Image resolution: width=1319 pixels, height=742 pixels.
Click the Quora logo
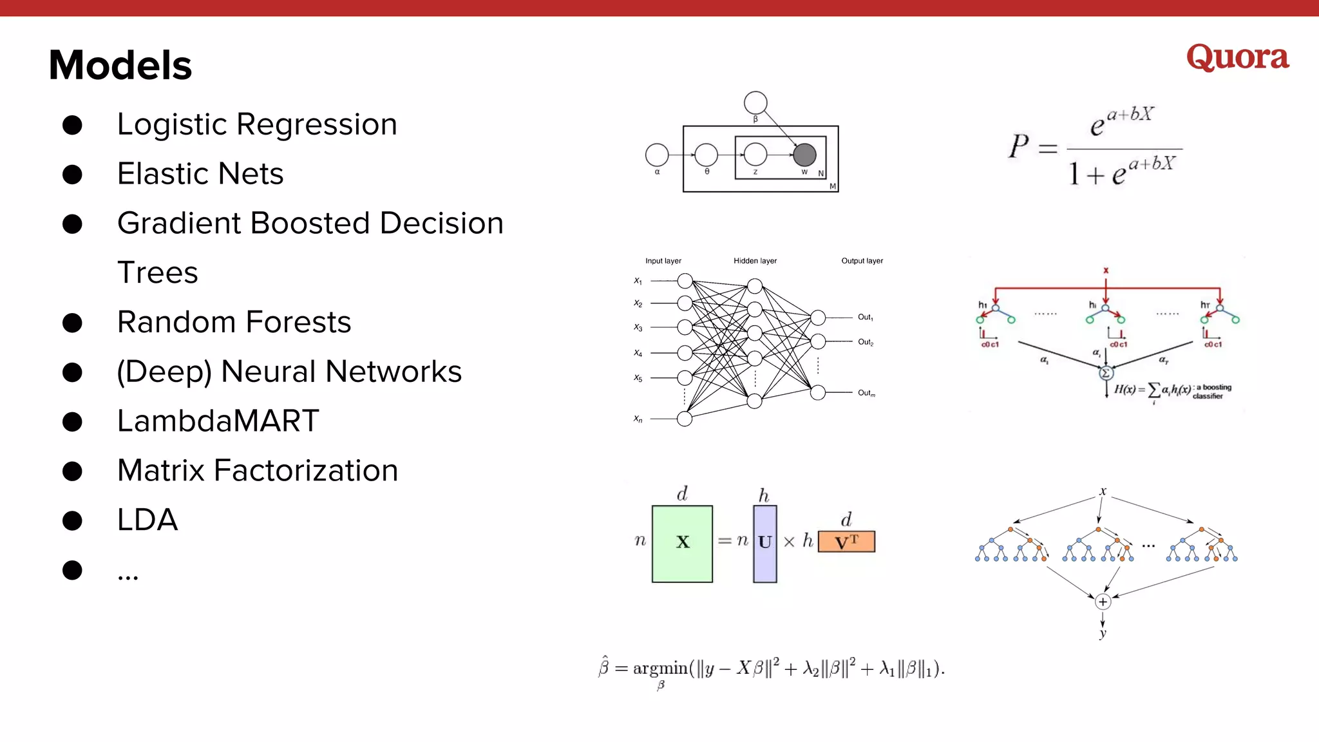(x=1237, y=57)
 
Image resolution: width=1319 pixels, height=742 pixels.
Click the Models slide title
(x=120, y=65)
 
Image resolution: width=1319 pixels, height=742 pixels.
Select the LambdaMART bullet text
(x=218, y=421)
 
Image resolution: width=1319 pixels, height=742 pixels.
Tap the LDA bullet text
(x=147, y=520)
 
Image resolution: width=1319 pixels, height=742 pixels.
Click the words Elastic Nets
(x=200, y=174)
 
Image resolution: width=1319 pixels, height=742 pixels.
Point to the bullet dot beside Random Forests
(x=72, y=323)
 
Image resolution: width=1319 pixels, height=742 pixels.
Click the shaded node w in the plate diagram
(x=804, y=155)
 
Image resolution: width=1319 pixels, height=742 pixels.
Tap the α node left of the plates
(x=657, y=155)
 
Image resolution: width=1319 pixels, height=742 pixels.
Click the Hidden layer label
(x=755, y=261)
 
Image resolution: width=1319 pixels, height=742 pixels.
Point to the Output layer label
(x=862, y=261)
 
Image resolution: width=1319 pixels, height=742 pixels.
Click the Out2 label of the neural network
(x=865, y=342)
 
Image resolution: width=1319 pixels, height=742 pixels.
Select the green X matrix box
(x=682, y=544)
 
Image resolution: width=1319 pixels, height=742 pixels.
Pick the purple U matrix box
(x=764, y=544)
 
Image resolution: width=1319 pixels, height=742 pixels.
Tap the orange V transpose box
(x=846, y=542)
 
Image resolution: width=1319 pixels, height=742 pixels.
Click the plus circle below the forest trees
(x=1103, y=602)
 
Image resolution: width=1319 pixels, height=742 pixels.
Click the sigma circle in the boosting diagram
(x=1106, y=373)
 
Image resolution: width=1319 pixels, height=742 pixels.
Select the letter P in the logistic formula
(x=1019, y=146)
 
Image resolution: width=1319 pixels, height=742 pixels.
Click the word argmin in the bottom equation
(x=660, y=669)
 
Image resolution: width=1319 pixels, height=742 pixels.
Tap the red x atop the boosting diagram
(x=1106, y=271)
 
